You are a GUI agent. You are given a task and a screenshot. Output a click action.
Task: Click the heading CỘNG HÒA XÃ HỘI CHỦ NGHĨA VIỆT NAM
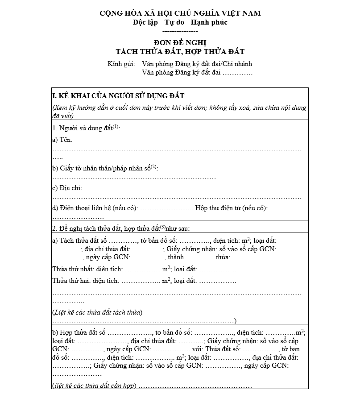180,14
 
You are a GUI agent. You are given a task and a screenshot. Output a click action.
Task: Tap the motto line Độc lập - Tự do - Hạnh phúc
180,23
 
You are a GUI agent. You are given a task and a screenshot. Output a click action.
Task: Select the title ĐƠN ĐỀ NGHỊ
180,43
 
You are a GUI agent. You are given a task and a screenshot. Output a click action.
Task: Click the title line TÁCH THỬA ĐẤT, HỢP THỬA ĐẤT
180,52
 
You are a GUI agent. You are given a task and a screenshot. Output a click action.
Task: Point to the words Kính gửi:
121,64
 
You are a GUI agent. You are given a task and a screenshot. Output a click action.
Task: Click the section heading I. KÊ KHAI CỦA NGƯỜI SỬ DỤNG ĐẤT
118,96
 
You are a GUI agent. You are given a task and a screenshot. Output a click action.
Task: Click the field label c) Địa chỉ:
67,188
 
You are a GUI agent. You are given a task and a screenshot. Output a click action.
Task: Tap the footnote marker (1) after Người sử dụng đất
116,127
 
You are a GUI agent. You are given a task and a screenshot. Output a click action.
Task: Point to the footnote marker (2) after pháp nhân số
154,167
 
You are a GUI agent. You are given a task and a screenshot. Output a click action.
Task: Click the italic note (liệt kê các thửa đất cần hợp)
94,386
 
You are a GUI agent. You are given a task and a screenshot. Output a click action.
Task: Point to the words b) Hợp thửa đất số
79,332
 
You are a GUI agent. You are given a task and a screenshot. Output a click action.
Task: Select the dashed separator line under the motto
180,31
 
